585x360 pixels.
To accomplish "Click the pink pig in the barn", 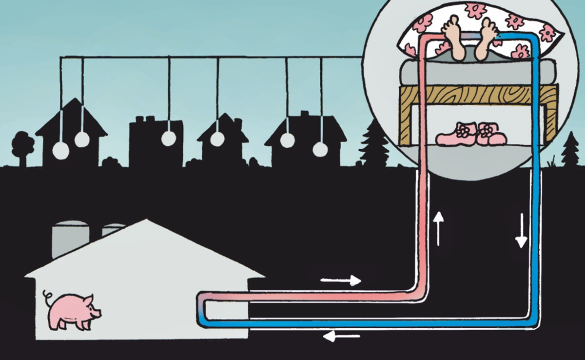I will pyautogui.click(x=73, y=310).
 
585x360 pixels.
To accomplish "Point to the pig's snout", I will pyautogui.click(x=98, y=312).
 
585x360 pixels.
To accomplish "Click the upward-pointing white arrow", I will pyautogui.click(x=438, y=228).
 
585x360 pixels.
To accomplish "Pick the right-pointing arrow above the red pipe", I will pyautogui.click(x=341, y=280).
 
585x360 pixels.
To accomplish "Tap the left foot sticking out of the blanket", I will pyautogui.click(x=454, y=41).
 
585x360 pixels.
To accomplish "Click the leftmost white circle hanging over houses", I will pyautogui.click(x=61, y=150).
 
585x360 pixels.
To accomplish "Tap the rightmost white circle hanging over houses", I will pyautogui.click(x=320, y=149).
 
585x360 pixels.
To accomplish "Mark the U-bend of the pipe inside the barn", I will pyautogui.click(x=203, y=307).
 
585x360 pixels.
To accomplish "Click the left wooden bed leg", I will pyautogui.click(x=405, y=122).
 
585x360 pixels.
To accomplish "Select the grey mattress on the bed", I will pyautogui.click(x=478, y=74).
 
